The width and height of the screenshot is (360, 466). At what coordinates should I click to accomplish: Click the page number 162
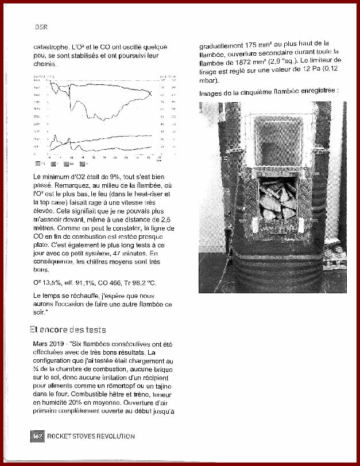(x=37, y=437)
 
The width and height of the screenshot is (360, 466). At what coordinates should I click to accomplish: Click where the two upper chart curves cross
(x=150, y=94)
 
